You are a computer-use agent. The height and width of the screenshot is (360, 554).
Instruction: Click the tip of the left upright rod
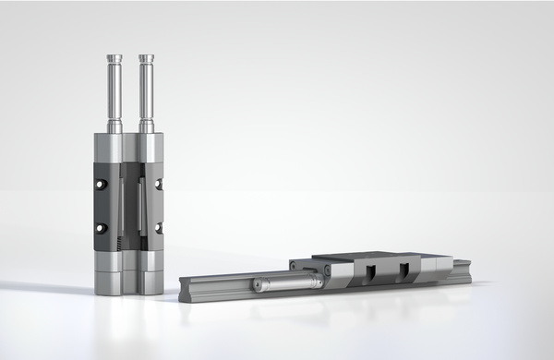point(114,58)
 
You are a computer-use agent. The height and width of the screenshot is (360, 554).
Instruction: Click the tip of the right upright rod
point(146,58)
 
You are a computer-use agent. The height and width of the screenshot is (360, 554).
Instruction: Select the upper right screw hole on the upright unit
point(159,185)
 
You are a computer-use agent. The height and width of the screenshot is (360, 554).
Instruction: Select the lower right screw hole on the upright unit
point(159,227)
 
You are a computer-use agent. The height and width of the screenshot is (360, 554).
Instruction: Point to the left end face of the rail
point(184,285)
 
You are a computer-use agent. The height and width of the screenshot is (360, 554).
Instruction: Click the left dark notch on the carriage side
point(370,270)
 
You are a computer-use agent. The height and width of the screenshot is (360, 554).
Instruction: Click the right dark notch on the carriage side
point(403,270)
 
